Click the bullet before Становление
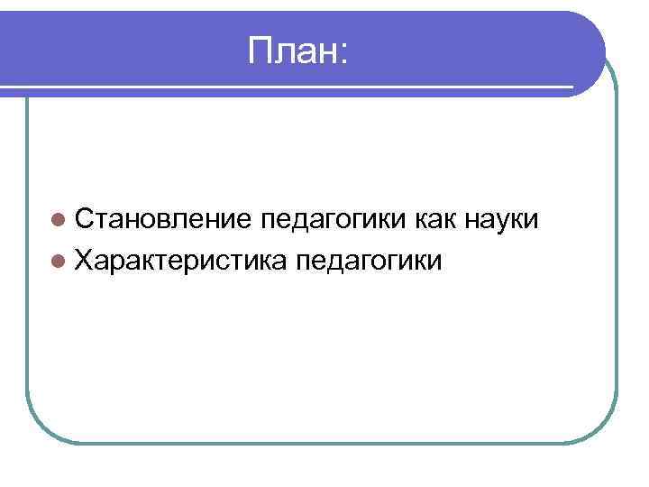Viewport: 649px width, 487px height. pyautogui.click(x=59, y=219)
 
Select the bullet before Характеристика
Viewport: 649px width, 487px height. pyautogui.click(x=59, y=262)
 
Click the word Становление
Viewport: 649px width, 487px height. pyautogui.click(x=165, y=219)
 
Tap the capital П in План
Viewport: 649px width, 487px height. pyautogui.click(x=260, y=53)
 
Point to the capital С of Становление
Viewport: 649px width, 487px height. pyautogui.click(x=86, y=219)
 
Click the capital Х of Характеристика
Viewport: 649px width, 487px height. pyautogui.click(x=86, y=262)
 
